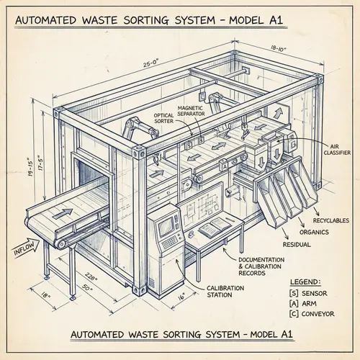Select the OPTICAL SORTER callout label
pyautogui.click(x=165, y=117)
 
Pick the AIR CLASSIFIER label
pyautogui.click(x=336, y=149)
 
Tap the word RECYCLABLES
pyautogui.click(x=329, y=219)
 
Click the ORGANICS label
pyautogui.click(x=315, y=231)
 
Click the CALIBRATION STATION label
pyautogui.click(x=225, y=292)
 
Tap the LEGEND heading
pyautogui.click(x=306, y=282)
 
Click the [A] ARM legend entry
pyautogui.click(x=305, y=304)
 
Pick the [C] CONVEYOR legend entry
pyautogui.click(x=314, y=315)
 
